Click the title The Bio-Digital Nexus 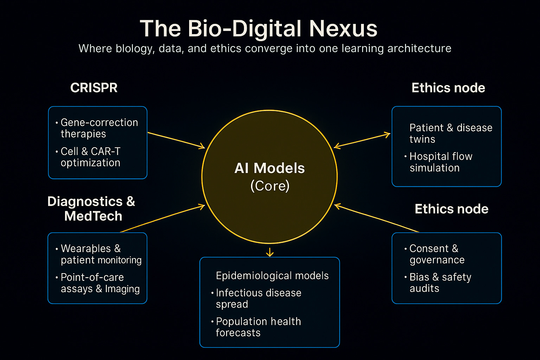pyautogui.click(x=259, y=28)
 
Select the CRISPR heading pyautogui.click(x=94, y=88)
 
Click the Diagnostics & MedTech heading pyautogui.click(x=91, y=208)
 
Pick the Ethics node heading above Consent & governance pyautogui.click(x=451, y=209)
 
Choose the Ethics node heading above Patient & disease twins pyautogui.click(x=448, y=88)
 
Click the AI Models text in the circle pyautogui.click(x=270, y=168)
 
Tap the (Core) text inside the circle pyautogui.click(x=270, y=186)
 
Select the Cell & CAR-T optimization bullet pyautogui.click(x=91, y=157)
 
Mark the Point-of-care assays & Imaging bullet pyautogui.click(x=100, y=283)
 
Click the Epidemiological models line pyautogui.click(x=272, y=276)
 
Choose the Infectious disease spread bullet pyautogui.click(x=258, y=298)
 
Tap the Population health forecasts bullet pyautogui.click(x=258, y=327)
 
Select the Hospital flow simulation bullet pyautogui.click(x=441, y=162)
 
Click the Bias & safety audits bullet pyautogui.click(x=440, y=283)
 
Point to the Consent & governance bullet pyautogui.click(x=437, y=254)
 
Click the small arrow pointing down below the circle pyautogui.click(x=270, y=252)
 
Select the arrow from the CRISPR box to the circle pyautogui.click(x=176, y=140)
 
